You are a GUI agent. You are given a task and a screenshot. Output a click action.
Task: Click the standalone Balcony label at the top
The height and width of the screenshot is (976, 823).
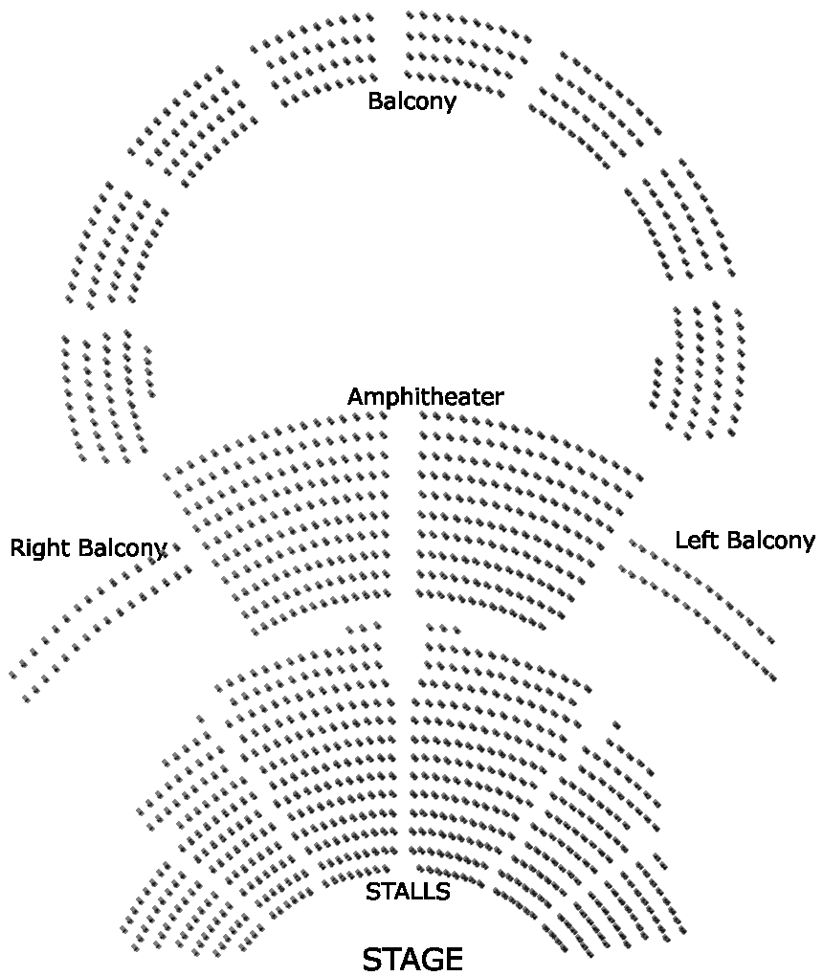(x=411, y=101)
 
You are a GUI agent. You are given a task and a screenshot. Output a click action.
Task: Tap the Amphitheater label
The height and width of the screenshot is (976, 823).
(x=425, y=397)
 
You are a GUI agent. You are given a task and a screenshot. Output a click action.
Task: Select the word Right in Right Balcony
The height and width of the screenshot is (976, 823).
(x=40, y=548)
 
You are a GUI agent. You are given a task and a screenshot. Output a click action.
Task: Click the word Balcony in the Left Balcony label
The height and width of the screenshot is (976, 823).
(x=767, y=541)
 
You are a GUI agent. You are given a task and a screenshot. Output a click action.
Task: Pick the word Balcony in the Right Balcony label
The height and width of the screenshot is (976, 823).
(x=122, y=548)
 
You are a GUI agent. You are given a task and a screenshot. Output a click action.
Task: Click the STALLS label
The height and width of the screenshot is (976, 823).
(x=408, y=892)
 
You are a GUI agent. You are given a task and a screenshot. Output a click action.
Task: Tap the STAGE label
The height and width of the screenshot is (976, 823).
(x=412, y=959)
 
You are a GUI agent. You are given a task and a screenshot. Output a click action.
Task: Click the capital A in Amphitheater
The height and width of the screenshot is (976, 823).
(x=356, y=397)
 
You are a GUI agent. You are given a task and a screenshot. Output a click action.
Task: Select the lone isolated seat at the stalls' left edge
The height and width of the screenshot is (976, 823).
(x=200, y=718)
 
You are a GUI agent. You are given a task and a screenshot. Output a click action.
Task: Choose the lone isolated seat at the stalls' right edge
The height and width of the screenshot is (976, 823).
(x=616, y=725)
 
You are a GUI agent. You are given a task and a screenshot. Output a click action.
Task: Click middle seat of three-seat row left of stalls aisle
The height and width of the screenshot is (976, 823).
(x=364, y=629)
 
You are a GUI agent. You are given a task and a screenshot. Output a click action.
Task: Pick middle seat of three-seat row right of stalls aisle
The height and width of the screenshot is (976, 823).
(x=443, y=629)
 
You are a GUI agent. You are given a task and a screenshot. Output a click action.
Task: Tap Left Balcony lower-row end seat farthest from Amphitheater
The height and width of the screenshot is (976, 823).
(x=771, y=677)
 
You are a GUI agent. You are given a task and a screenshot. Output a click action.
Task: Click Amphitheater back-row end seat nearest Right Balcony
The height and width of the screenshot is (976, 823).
(x=168, y=476)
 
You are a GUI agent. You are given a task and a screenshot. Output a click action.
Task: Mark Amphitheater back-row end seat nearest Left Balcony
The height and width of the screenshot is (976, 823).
(x=640, y=476)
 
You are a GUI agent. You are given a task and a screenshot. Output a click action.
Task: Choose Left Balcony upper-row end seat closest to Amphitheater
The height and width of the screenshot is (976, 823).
(x=633, y=543)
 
